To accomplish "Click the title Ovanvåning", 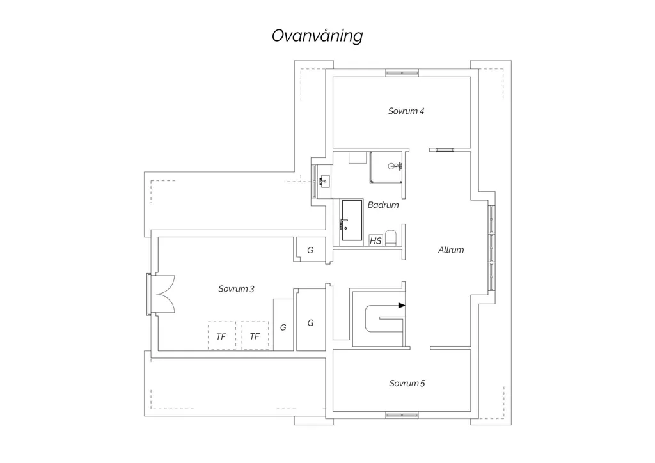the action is (x=317, y=36).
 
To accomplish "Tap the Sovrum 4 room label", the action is (x=406, y=111).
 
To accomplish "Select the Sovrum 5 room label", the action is (x=407, y=383).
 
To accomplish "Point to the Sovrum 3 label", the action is (x=236, y=289).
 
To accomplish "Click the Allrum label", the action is (x=451, y=250).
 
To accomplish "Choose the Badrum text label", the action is (x=383, y=205).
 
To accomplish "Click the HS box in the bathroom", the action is (x=375, y=240).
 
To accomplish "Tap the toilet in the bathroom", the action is (x=391, y=237).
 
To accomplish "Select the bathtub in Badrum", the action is (x=352, y=221).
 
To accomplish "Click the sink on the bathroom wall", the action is (x=325, y=182).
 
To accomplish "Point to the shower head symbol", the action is (x=394, y=166).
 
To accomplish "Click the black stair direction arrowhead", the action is (x=402, y=306).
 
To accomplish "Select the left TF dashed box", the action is (x=222, y=336).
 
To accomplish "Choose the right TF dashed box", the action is (x=255, y=336).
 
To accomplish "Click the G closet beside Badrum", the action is (x=310, y=249).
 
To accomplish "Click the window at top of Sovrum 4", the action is (x=402, y=73).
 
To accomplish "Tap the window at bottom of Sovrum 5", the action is (x=402, y=415).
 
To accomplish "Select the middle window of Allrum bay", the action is (x=492, y=248).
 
